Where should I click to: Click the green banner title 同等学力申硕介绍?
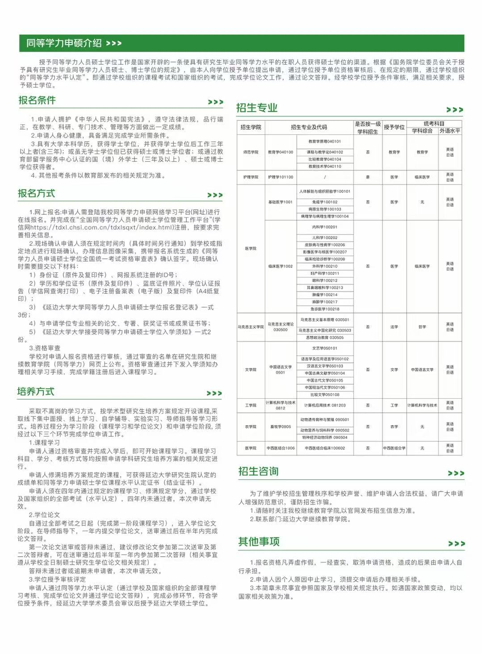64,43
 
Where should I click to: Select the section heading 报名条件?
37,100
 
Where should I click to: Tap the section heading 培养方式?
36,392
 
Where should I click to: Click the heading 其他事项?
259,542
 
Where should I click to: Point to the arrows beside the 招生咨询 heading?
456,473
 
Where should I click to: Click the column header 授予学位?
394,127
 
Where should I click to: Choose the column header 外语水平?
450,131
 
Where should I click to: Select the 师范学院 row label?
251,152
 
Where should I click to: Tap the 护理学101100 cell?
281,177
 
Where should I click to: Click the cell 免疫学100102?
325,202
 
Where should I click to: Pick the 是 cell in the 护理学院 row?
368,177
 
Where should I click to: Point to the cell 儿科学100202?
325,238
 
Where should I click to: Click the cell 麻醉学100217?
325,302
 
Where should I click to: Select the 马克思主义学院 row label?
251,327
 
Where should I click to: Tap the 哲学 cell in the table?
422,327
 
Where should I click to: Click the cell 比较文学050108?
325,395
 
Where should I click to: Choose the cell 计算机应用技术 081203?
325,405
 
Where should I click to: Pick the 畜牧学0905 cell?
281,427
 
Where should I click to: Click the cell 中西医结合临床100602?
325,448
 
